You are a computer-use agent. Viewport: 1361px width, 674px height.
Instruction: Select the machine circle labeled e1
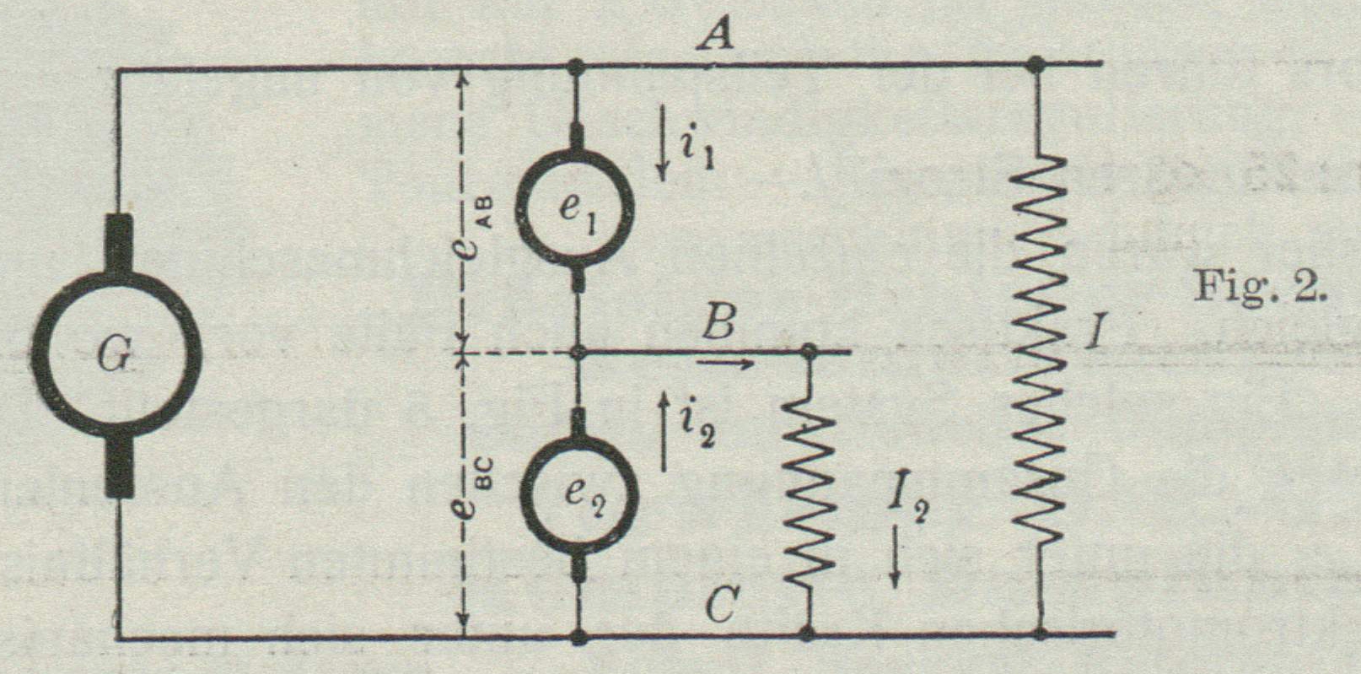coord(577,208)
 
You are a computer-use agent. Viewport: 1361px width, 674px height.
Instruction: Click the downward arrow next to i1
coord(664,153)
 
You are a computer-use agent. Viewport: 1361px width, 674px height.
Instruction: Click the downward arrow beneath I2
coord(896,558)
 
